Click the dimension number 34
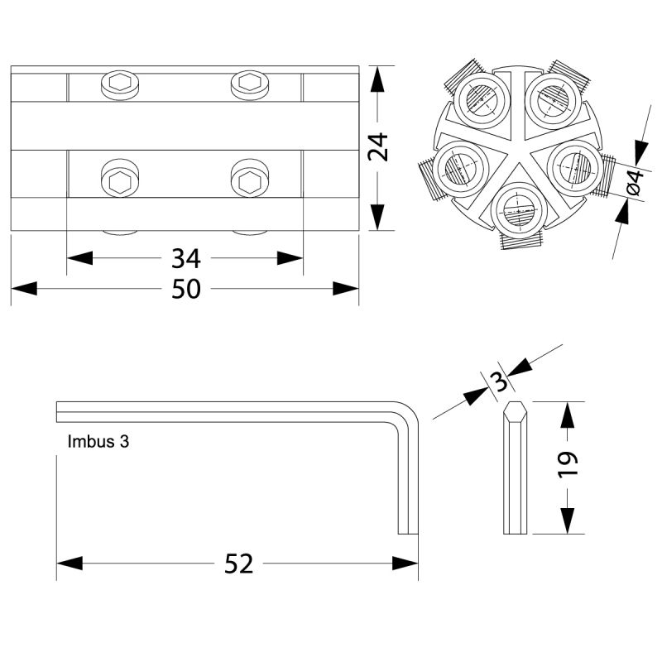[x=185, y=259]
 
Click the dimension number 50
[x=185, y=289]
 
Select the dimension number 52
[x=238, y=564]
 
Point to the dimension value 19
[x=568, y=465]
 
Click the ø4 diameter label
[x=636, y=182]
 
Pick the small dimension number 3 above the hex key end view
[x=500, y=381]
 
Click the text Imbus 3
[x=98, y=442]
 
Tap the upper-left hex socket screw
[x=120, y=85]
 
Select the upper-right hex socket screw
[x=250, y=85]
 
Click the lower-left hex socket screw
[x=120, y=178]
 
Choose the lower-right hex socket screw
[x=250, y=178]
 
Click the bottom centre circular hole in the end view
[x=519, y=210]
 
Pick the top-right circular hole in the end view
[x=554, y=100]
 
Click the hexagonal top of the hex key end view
[x=515, y=409]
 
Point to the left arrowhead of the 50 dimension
[x=24, y=289]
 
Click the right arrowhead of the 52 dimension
[x=405, y=564]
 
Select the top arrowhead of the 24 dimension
[x=377, y=79]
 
